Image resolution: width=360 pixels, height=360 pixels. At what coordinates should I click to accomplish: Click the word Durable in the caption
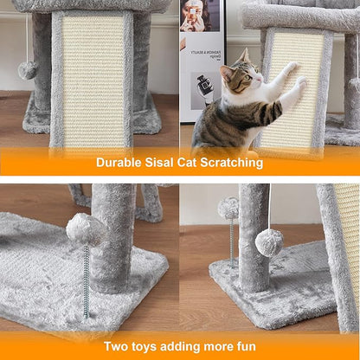click(120, 162)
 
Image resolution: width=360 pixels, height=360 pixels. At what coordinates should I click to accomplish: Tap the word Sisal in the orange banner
click(164, 162)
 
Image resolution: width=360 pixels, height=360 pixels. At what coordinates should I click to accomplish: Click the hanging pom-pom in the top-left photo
click(28, 69)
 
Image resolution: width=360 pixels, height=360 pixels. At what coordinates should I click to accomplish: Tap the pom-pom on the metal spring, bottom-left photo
click(86, 230)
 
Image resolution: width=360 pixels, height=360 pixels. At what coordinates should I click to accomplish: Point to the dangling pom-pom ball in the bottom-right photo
click(269, 241)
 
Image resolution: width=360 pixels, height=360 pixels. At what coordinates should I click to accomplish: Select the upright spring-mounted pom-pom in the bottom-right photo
click(228, 209)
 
